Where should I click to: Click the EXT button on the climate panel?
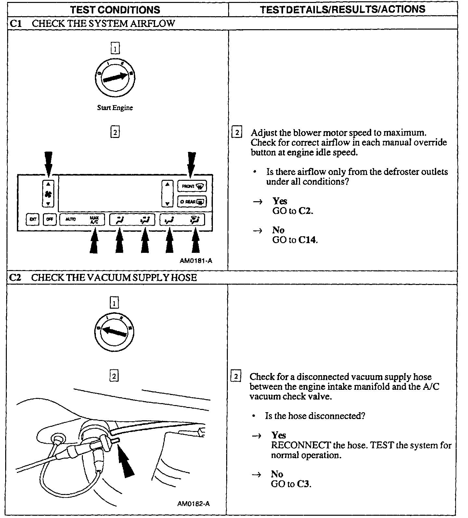coord(32,219)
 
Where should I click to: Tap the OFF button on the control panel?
coord(49,219)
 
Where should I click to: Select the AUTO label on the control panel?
coord(71,219)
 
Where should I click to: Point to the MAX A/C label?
coord(94,219)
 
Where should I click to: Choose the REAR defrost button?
coord(192,202)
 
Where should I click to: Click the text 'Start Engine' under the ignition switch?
coord(115,108)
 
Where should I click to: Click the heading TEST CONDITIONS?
coord(115,9)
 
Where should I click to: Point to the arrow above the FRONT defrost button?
coord(191,164)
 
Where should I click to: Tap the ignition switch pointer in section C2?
coord(114,332)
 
